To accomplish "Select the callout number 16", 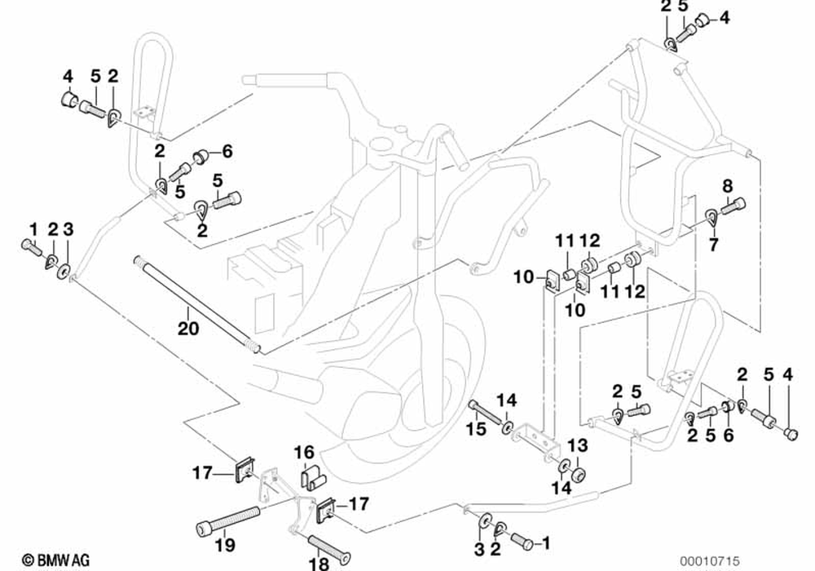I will [x=303, y=452].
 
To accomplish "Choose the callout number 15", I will [x=476, y=427].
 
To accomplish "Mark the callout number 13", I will [x=577, y=445].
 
